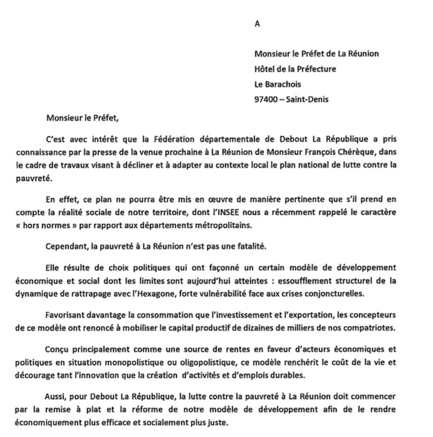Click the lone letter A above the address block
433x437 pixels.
(256, 24)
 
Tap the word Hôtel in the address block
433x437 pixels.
(265, 69)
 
